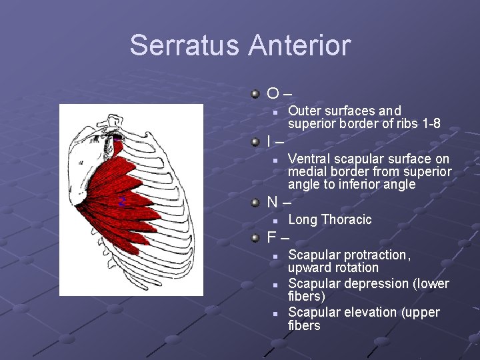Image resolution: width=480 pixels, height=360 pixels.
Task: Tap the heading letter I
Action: click(269, 142)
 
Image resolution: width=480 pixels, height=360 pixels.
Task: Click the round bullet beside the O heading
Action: click(255, 94)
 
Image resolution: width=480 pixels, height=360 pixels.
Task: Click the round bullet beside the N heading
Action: click(255, 201)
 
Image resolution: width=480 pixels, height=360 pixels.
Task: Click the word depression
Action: click(371, 284)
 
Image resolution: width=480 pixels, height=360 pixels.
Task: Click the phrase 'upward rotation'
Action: click(333, 268)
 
